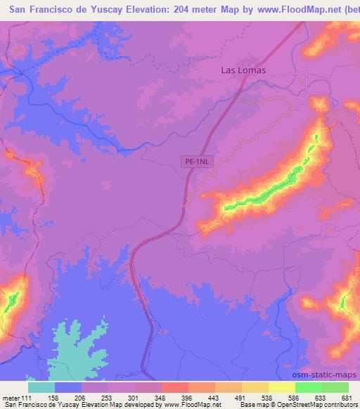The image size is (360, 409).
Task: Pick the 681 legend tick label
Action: (x=347, y=397)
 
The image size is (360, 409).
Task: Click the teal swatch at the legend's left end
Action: (x=41, y=387)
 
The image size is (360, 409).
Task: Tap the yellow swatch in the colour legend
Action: (x=281, y=387)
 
